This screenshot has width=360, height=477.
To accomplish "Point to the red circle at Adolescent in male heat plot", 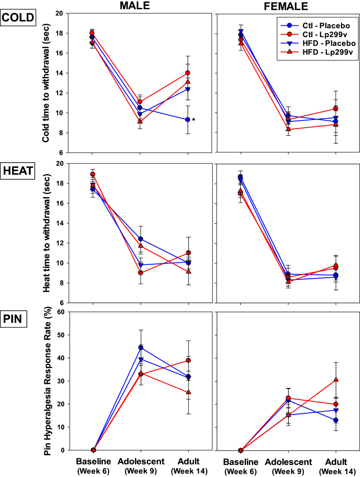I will tap(141, 273).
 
